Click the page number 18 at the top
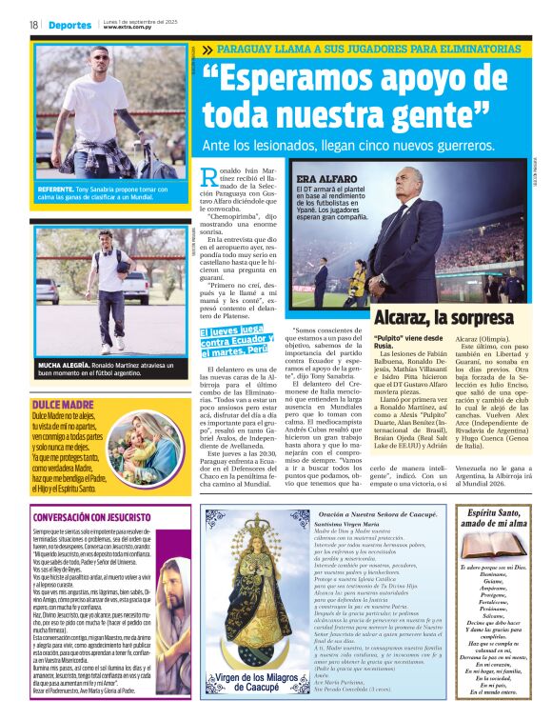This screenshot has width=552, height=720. coord(33,25)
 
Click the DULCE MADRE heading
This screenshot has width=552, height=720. coord(62,378)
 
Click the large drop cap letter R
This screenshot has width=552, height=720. coord(211,176)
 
